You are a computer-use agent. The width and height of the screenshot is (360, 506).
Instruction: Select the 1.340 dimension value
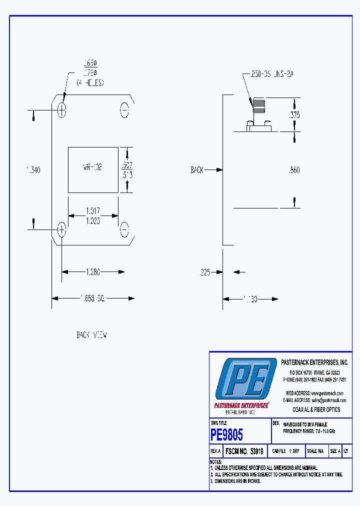(33, 170)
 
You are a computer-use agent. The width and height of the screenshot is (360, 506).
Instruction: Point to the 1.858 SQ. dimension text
(92, 298)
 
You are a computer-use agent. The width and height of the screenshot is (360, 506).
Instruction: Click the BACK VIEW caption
(91, 335)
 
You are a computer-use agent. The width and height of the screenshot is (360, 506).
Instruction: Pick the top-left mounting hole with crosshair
(61, 110)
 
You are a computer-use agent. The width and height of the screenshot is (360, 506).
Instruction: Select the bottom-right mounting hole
(124, 230)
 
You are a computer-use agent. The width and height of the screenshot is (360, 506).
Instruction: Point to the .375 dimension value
(295, 114)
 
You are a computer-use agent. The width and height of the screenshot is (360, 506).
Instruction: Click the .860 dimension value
(294, 170)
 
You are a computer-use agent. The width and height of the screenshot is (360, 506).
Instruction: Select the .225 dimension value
(204, 272)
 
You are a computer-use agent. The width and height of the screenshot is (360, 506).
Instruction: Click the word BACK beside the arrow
(197, 170)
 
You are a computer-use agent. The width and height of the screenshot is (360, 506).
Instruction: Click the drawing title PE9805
(227, 434)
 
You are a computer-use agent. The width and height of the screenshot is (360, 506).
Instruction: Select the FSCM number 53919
(257, 451)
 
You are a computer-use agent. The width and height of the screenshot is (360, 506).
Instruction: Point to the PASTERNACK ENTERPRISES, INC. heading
(314, 362)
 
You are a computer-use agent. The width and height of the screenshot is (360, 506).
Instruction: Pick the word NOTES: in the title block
(215, 461)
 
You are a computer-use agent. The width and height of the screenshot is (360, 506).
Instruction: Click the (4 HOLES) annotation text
(90, 83)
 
